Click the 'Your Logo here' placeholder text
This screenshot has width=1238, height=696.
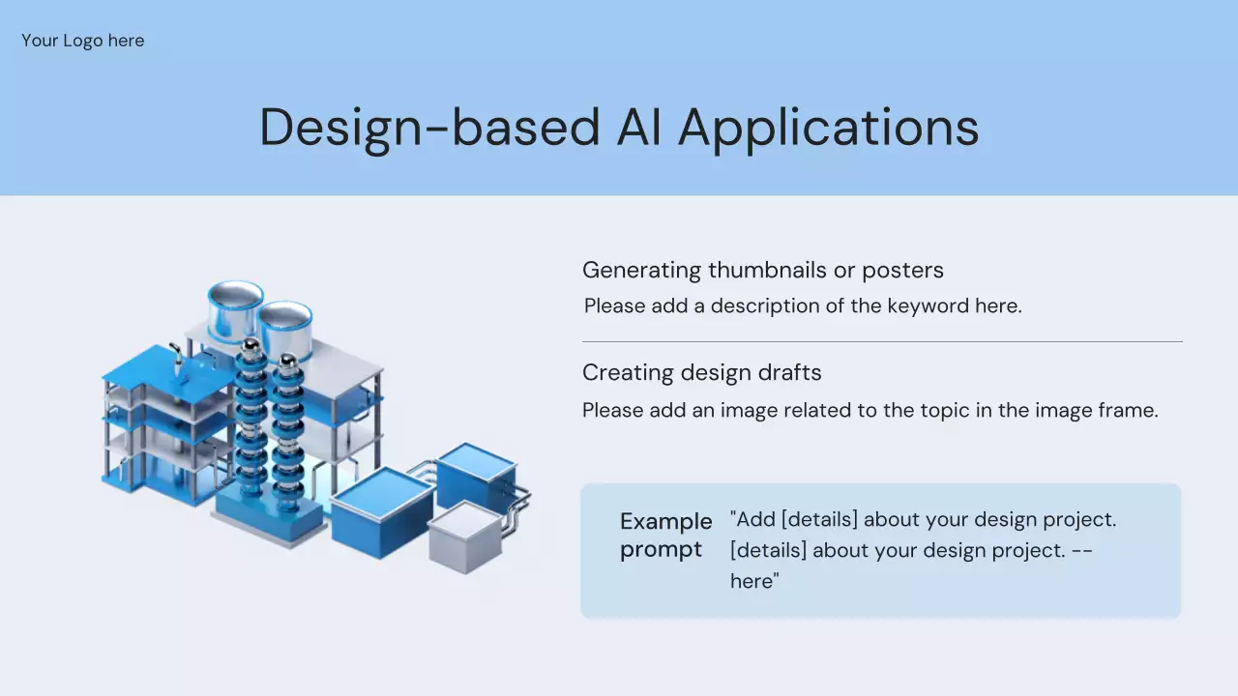(83, 41)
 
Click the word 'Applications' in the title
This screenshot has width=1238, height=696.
(829, 130)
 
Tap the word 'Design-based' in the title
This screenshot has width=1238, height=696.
(429, 129)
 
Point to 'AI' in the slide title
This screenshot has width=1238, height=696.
(638, 127)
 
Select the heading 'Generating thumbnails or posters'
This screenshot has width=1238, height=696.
(763, 270)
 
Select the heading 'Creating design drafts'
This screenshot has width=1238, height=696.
(702, 373)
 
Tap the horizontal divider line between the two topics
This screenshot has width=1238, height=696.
(882, 342)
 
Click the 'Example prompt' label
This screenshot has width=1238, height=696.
(666, 536)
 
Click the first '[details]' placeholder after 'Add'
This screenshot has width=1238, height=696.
(819, 520)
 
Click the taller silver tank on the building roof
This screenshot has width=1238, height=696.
(235, 311)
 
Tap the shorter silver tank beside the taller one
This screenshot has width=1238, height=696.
(285, 331)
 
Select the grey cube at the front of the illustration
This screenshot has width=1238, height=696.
(465, 537)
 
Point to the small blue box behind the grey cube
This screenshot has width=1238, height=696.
(476, 474)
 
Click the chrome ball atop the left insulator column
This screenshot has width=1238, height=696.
(251, 346)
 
